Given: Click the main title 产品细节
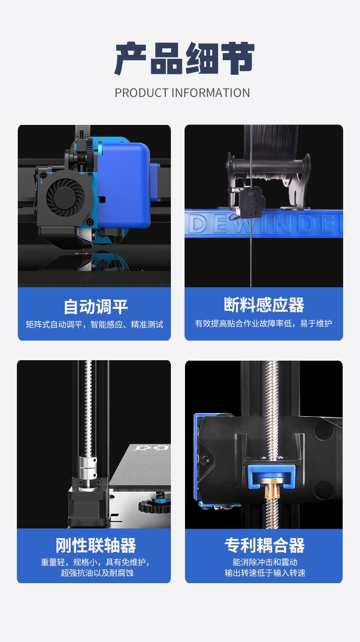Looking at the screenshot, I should point(184,59).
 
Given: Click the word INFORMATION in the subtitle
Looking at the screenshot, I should point(210,93).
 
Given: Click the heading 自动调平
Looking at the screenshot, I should point(96,306).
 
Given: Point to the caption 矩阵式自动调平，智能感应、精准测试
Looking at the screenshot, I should point(94,325).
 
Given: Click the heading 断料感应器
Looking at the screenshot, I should point(264,305).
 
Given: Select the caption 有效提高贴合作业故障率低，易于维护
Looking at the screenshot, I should point(263,324).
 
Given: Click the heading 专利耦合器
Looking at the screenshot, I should point(264,545).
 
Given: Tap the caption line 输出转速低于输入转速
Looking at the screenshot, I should point(265,573).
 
